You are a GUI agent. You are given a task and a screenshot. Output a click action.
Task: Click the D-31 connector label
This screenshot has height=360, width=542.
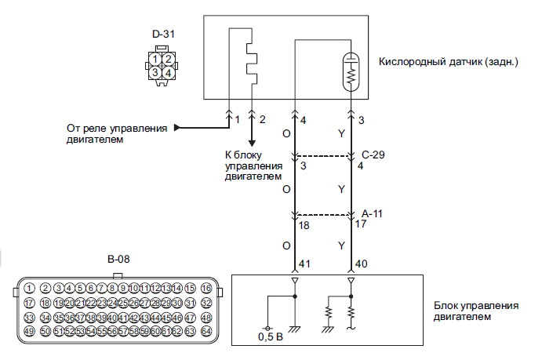point(162,35)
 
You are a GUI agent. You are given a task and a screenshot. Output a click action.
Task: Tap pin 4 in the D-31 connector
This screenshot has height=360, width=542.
point(168,72)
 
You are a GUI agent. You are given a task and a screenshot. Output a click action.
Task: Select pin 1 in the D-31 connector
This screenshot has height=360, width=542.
point(157,60)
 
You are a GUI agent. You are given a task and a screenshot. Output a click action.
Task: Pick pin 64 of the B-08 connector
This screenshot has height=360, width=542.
point(206,332)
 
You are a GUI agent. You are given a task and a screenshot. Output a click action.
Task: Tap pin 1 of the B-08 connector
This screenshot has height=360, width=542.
point(29,288)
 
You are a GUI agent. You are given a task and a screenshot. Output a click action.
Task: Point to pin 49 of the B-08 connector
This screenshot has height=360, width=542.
point(29,332)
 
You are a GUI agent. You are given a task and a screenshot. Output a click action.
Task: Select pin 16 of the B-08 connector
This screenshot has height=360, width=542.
point(206,288)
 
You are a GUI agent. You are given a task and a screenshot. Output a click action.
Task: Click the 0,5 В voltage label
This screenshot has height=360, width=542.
point(270,339)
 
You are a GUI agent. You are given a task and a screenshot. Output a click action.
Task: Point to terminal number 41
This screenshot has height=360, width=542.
point(305,264)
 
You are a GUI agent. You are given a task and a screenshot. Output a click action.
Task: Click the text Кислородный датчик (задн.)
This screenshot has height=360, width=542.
point(448,61)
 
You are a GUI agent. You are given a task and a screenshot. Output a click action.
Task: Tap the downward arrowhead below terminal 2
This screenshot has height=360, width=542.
point(252,143)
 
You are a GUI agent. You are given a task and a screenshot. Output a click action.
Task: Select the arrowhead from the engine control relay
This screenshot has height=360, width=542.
point(177,126)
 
